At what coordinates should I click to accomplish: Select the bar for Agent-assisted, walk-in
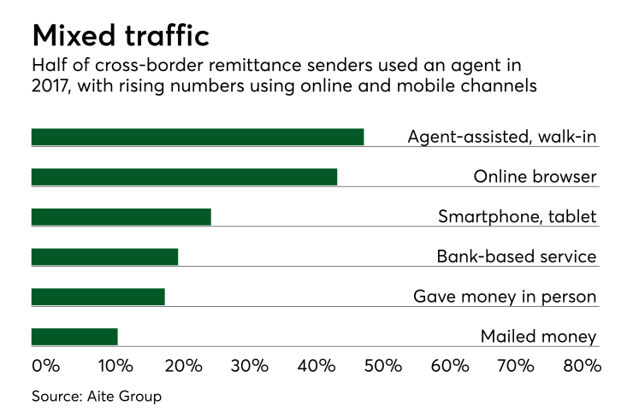(x=198, y=137)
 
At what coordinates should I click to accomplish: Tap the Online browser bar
(x=184, y=177)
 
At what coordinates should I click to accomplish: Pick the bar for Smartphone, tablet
(x=121, y=216)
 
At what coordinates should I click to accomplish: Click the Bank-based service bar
(x=104, y=256)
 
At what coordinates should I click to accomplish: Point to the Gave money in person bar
(x=98, y=297)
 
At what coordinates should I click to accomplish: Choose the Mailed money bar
(x=74, y=336)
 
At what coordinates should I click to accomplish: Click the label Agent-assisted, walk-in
(x=501, y=137)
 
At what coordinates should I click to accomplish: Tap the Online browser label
(x=535, y=177)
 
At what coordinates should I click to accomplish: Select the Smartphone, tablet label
(x=517, y=216)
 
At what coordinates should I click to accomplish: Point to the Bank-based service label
(x=516, y=256)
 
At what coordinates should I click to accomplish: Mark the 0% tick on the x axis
(x=45, y=366)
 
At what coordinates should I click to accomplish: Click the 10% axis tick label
(x=115, y=366)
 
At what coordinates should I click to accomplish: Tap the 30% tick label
(x=249, y=366)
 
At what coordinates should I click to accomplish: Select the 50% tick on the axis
(x=383, y=366)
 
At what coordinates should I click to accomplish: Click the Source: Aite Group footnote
(x=97, y=396)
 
